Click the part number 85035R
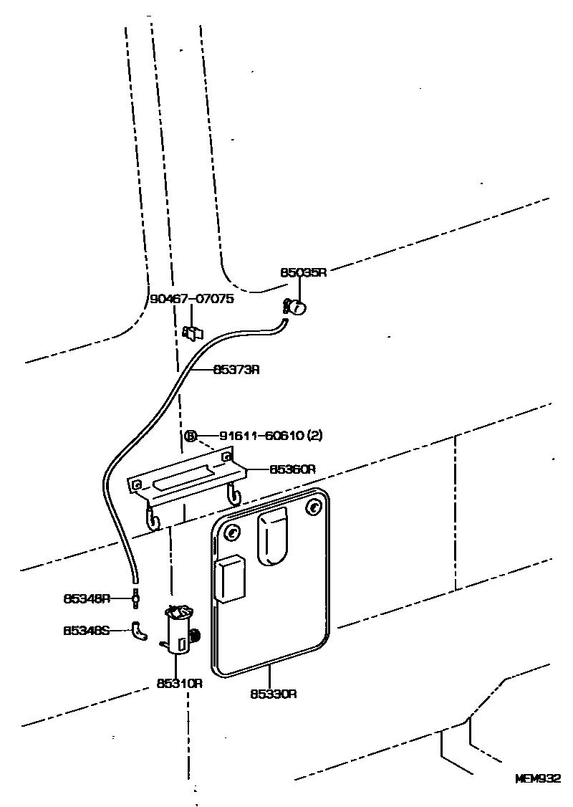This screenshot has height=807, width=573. point(303,272)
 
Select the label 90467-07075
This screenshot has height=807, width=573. point(192,300)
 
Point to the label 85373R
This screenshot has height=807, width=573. point(236,370)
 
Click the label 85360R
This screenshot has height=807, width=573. point(293,469)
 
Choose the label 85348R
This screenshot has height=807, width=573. point(87,597)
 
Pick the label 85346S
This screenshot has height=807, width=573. point(87,631)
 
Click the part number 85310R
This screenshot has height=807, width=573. point(180,683)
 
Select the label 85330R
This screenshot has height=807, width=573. point(274,694)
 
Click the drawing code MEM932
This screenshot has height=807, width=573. point(537,778)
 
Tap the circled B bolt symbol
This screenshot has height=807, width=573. point(191,436)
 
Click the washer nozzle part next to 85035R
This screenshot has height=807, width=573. point(296,307)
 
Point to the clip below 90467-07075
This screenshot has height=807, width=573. point(193,333)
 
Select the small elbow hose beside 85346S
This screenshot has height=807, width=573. point(139,631)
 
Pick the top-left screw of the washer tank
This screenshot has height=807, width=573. point(232,533)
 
